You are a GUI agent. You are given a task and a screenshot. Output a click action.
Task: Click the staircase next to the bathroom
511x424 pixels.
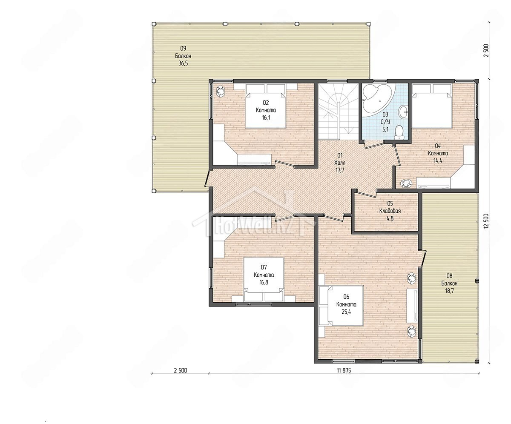pos(338,112)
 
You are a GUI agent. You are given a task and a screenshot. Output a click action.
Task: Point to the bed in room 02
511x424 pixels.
pos(266,106)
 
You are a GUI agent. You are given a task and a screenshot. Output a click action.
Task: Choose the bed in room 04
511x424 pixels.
pos(432,106)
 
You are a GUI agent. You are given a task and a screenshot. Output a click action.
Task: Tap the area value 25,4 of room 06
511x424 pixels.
pos(346,312)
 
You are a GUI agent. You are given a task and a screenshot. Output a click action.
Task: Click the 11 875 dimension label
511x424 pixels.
pos(344,370)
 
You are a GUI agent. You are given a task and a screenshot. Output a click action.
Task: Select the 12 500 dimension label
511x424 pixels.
pos(486,221)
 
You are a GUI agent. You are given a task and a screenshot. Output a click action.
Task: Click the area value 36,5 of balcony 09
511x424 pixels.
pos(183,63)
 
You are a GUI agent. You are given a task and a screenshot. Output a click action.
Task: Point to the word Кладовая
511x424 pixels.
pos(390,211)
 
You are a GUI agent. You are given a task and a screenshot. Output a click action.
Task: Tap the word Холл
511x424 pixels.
pos(340,163)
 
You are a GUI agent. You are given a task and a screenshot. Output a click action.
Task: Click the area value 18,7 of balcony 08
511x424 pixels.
pos(449,291)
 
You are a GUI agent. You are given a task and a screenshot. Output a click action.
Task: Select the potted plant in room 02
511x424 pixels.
pos(220,92)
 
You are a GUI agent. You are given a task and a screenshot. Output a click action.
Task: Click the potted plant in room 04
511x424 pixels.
pos(406,183)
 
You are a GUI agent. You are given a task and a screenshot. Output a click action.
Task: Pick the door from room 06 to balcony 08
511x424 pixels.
pos(424,258)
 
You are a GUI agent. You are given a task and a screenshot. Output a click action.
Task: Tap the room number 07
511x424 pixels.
pos(264,267)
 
